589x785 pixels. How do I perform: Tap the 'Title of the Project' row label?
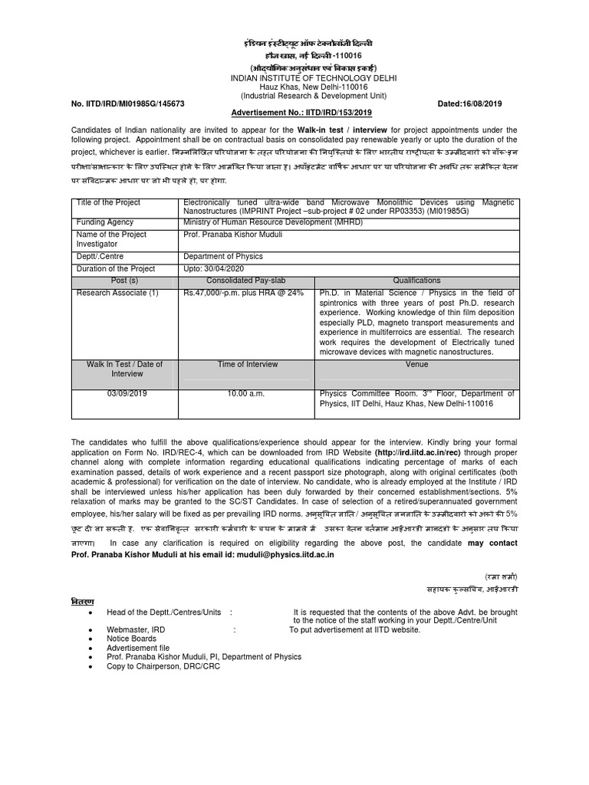[x=108, y=202]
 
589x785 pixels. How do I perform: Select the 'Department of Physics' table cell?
[x=223, y=257]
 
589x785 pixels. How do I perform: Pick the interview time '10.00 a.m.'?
[x=245, y=393]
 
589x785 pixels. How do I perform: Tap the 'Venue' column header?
[x=416, y=365]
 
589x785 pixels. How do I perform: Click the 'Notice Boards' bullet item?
[x=132, y=638]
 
